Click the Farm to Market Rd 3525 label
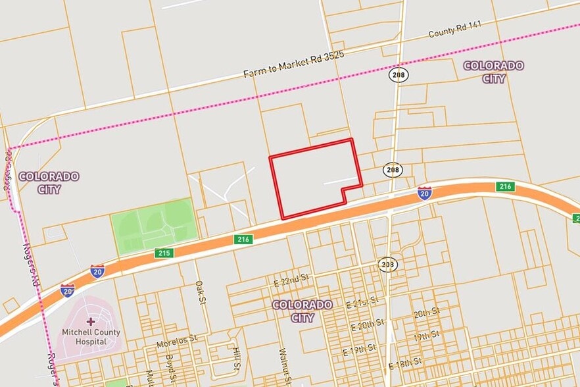[294, 64]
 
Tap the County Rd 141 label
[455, 30]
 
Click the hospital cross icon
[90, 321]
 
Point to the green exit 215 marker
[164, 253]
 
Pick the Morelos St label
[177, 342]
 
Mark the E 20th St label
[368, 324]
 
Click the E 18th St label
[405, 363]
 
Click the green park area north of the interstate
[153, 225]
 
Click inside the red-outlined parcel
[309, 178]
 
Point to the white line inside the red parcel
[341, 180]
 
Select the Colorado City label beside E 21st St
[302, 311]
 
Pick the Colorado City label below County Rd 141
[494, 72]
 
